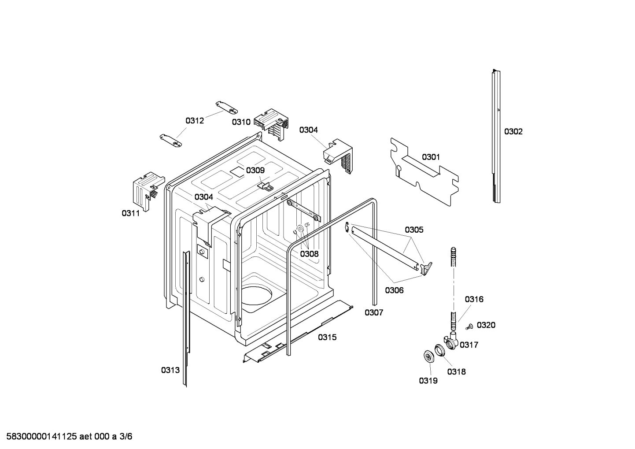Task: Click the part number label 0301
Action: click(431, 157)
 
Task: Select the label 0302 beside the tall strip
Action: click(513, 131)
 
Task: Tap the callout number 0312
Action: click(194, 120)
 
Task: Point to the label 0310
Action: click(241, 122)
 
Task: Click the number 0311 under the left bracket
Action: click(131, 213)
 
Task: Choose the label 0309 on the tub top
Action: click(255, 171)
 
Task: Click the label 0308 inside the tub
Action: click(309, 254)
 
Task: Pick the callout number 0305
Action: click(414, 230)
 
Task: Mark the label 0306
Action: click(394, 290)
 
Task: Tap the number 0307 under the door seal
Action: click(373, 312)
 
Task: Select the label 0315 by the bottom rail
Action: click(327, 337)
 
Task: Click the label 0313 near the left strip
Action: click(170, 370)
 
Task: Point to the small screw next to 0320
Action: click(469, 327)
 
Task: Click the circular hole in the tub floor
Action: click(256, 295)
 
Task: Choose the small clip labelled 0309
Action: click(265, 186)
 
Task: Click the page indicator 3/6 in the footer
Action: click(126, 437)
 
